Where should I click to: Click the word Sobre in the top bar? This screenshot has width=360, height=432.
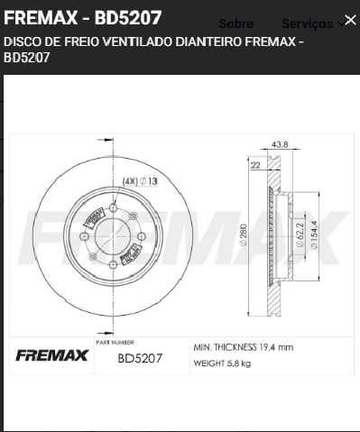tap(236, 23)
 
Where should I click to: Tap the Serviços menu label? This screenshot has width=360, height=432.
tap(307, 23)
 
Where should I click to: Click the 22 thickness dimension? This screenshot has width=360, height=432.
tap(255, 165)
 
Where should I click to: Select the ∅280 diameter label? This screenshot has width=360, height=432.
tap(243, 236)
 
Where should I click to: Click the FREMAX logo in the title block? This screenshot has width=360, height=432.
tap(51, 356)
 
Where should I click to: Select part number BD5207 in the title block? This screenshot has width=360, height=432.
tap(140, 358)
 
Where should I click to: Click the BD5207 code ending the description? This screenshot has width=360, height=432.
tap(27, 58)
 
